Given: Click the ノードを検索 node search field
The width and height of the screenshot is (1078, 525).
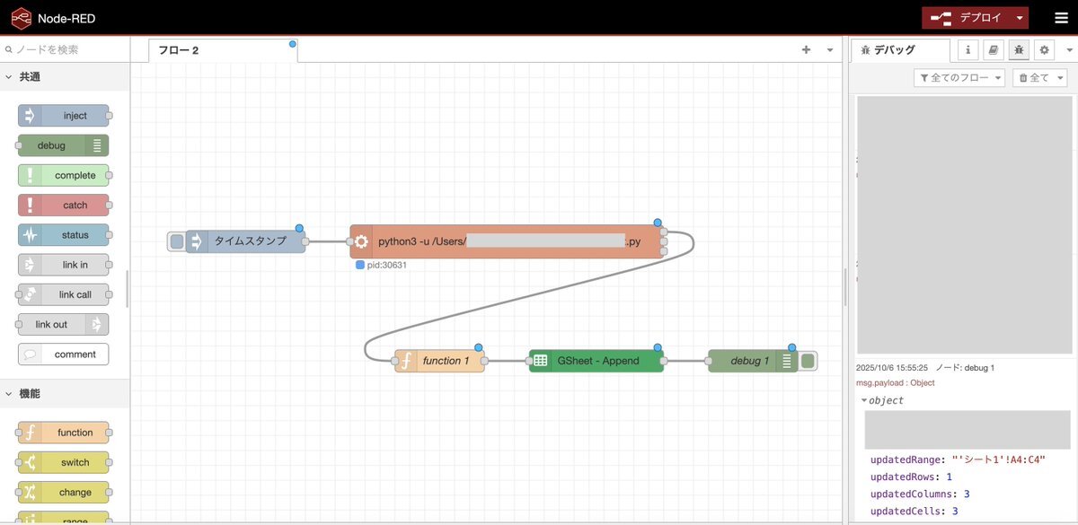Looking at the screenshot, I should click(67, 50).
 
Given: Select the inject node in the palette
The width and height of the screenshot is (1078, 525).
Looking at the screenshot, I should click(64, 116).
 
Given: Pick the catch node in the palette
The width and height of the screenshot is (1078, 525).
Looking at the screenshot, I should click(64, 206).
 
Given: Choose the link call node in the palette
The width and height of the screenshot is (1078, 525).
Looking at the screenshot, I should click(64, 294).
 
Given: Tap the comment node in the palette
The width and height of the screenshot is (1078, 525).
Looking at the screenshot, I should click(64, 354).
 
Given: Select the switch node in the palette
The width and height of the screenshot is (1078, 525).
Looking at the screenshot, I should click(64, 462).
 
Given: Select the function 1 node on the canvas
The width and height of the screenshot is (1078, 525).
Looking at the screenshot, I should click(440, 361).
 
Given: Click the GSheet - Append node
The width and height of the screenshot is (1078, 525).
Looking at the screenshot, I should click(596, 361).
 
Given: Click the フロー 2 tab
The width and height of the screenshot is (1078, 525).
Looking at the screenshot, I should click(179, 50).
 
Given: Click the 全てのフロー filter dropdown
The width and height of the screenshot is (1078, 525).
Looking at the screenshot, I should click(959, 78).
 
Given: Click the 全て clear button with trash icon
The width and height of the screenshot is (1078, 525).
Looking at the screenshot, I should click(1039, 78).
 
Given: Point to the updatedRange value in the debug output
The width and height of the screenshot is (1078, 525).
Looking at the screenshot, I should click(999, 459).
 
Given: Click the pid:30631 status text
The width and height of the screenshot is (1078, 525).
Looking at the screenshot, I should click(387, 266).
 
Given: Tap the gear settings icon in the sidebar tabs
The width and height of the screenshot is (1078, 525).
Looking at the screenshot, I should click(1044, 50).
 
